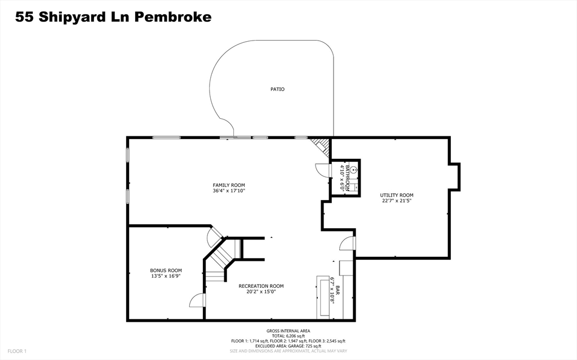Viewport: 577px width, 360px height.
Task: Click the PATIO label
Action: click(277, 89)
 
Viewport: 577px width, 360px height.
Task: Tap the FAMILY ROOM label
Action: click(229, 185)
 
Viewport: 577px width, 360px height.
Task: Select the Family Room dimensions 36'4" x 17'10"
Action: click(229, 190)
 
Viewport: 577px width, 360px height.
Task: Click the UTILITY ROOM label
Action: click(397, 195)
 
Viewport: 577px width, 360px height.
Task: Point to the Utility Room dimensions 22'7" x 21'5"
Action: click(397, 201)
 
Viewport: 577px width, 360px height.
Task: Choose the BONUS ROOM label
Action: click(166, 270)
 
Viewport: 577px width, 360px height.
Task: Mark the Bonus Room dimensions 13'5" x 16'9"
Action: click(166, 275)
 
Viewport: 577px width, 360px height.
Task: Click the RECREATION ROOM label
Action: click(261, 286)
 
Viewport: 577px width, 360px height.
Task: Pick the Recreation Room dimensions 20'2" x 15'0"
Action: click(261, 291)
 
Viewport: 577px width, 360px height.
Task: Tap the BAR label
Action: click(338, 290)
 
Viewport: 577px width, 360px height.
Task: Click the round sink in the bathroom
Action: click(353, 170)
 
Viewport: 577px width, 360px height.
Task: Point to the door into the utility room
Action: click(347, 243)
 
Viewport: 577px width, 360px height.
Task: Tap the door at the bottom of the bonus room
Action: click(197, 300)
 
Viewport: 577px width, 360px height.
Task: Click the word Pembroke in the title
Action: click(172, 17)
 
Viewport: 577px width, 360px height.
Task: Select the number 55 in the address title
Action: click(24, 17)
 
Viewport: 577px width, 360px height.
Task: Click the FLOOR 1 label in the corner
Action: click(17, 351)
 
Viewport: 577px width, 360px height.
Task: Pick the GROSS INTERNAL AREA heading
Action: click(288, 331)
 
